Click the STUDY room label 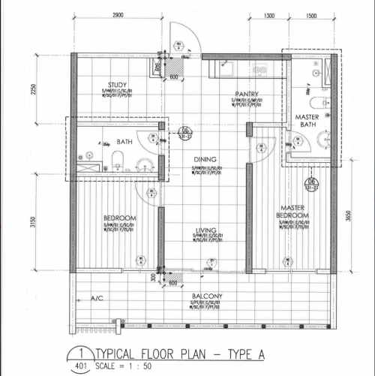(x=117, y=85)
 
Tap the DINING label (x=205, y=159)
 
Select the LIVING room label (x=205, y=230)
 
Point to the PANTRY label (x=246, y=94)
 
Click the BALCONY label (x=206, y=297)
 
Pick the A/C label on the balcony (x=97, y=299)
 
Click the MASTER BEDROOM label (x=292, y=212)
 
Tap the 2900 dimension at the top (x=118, y=15)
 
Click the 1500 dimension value (x=310, y=15)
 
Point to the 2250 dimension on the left (x=33, y=89)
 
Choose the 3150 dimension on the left (x=33, y=224)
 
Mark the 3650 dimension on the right (x=347, y=216)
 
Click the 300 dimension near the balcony (x=153, y=278)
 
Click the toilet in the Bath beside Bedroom (x=117, y=158)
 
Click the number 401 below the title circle (x=79, y=366)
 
